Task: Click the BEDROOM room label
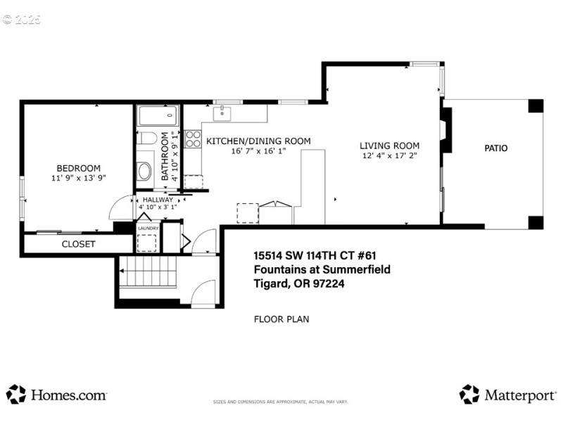[78, 168]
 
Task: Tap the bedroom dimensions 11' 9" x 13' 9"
[78, 179]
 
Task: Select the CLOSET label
[78, 244]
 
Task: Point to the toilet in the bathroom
[145, 138]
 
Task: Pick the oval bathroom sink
[144, 171]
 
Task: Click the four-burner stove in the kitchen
[193, 139]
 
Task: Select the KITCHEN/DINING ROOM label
[258, 141]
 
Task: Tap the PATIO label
[495, 148]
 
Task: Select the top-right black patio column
[536, 106]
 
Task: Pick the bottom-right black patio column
[536, 222]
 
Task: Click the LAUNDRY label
[148, 228]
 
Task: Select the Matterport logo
[507, 395]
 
